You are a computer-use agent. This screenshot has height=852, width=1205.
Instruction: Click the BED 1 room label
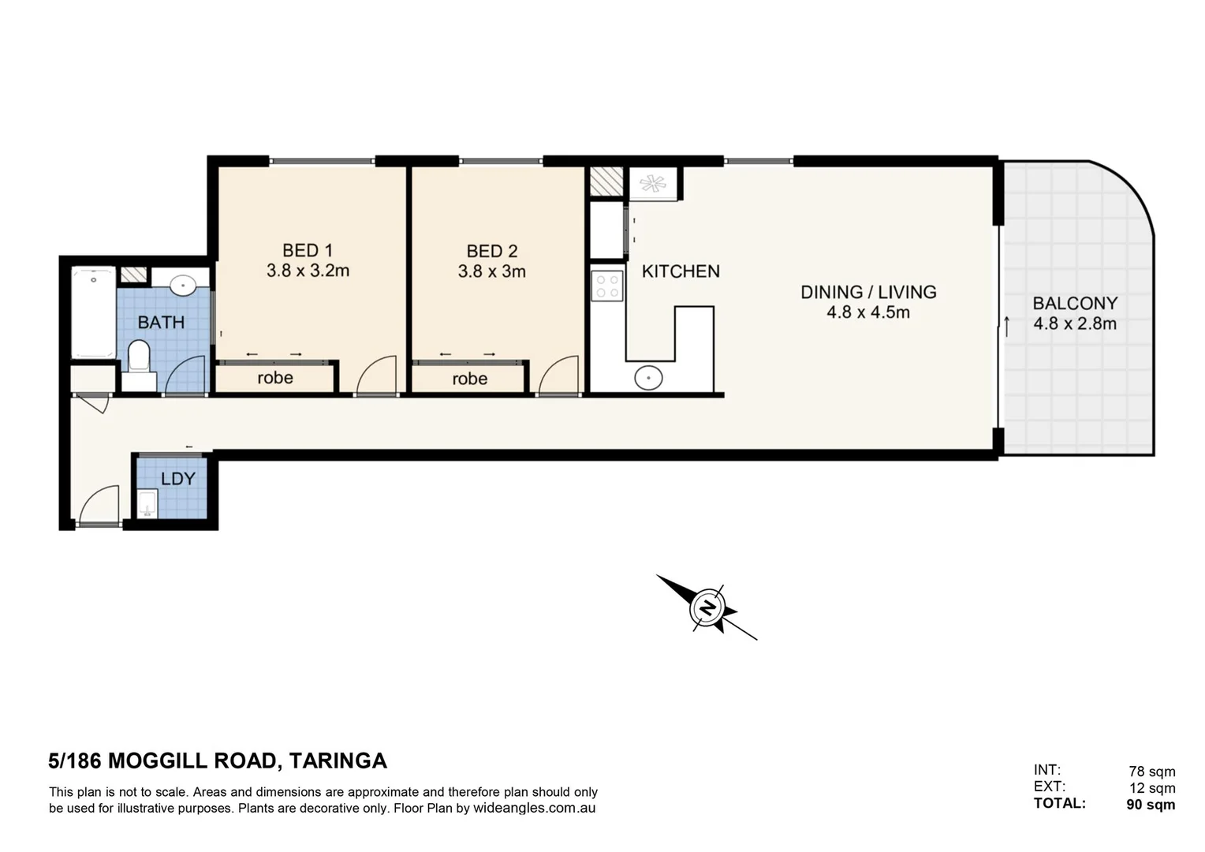click(307, 250)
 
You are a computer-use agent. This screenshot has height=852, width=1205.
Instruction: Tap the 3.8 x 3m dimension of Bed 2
click(491, 271)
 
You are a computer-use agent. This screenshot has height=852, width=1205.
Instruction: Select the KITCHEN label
click(680, 271)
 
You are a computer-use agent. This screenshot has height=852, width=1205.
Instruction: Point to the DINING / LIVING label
click(868, 292)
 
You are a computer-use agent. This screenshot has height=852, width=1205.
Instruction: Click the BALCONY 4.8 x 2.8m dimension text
click(1074, 323)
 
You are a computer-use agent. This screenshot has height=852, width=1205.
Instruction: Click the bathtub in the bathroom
click(93, 312)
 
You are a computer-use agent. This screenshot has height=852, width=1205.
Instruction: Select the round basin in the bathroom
click(183, 285)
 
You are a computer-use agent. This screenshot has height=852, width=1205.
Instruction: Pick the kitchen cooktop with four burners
click(607, 286)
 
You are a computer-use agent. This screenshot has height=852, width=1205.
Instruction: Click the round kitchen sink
click(648, 378)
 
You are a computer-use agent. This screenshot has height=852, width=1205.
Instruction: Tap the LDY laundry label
click(177, 479)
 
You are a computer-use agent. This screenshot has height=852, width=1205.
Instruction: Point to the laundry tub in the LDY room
click(147, 503)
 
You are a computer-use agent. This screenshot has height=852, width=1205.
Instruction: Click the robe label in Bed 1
click(275, 378)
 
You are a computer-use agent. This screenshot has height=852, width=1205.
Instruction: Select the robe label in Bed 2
click(469, 379)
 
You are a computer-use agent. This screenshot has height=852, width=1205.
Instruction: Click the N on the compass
click(707, 608)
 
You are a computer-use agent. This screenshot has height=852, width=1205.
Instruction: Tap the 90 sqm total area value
click(1150, 805)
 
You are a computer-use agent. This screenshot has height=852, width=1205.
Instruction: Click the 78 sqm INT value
click(1151, 772)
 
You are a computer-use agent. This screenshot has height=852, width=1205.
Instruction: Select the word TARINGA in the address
click(338, 760)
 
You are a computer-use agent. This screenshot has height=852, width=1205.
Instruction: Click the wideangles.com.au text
click(534, 808)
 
